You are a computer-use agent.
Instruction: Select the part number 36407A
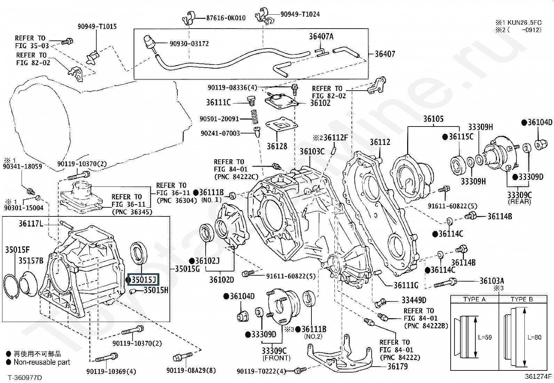[321, 36]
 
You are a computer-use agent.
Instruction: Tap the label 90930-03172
[189, 44]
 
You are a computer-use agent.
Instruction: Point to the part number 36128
[277, 146]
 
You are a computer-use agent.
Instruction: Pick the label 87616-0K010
[225, 18]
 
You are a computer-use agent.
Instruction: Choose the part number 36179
[397, 366]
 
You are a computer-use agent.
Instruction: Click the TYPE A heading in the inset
[474, 299]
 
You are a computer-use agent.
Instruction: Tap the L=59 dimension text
[484, 337]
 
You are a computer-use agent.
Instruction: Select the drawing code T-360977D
[25, 377]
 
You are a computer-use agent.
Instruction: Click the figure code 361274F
[538, 376]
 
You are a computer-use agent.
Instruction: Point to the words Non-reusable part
[42, 362]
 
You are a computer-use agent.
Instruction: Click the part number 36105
[433, 118]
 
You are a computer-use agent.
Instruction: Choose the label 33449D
[414, 300]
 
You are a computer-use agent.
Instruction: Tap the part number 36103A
[491, 281]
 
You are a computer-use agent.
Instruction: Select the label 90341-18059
[22, 166]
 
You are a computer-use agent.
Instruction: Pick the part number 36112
[380, 142]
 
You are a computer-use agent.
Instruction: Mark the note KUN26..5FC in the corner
[524, 22]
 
